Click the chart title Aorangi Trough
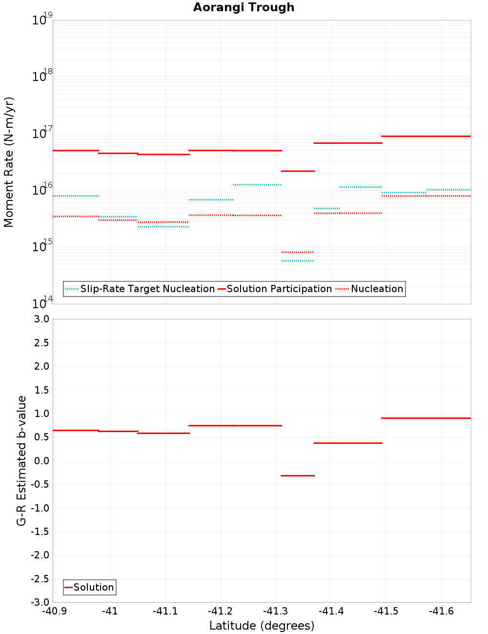point(244,7)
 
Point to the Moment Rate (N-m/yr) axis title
point(9,162)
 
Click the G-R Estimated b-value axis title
point(21,460)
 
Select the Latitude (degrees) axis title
point(262,626)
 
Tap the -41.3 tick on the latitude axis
point(276,611)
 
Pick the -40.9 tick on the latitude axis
point(54,611)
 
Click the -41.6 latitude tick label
point(441,611)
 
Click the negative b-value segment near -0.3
point(298,475)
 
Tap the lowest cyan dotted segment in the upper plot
point(297,261)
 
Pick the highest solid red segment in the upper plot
point(426,136)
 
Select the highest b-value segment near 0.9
point(426,418)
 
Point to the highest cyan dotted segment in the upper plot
point(257,185)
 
